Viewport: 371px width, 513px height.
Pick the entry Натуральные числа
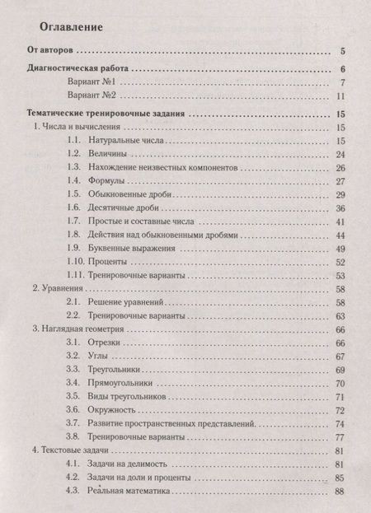click(147, 142)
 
